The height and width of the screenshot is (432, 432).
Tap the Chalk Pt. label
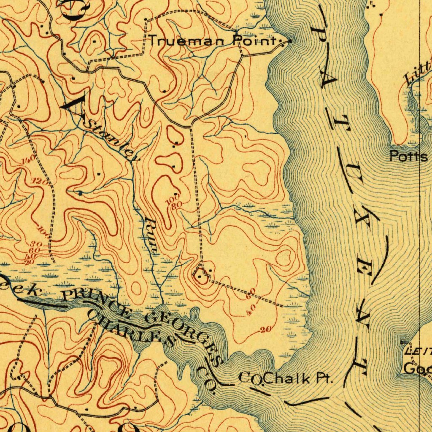(299, 378)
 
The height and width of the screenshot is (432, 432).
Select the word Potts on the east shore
(408, 157)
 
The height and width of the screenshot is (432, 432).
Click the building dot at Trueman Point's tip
(290, 41)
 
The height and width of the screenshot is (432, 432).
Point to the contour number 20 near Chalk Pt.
(265, 329)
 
